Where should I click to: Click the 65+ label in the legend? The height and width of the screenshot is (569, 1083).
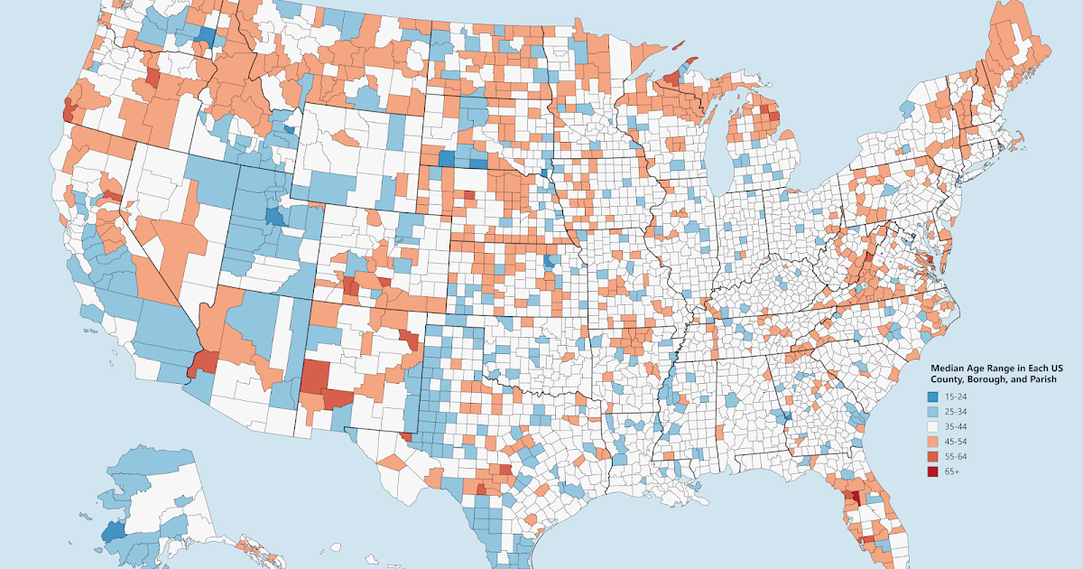click(953, 471)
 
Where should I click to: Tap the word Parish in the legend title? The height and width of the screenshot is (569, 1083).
click(1039, 380)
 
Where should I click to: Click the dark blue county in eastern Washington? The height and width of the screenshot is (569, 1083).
click(206, 37)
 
